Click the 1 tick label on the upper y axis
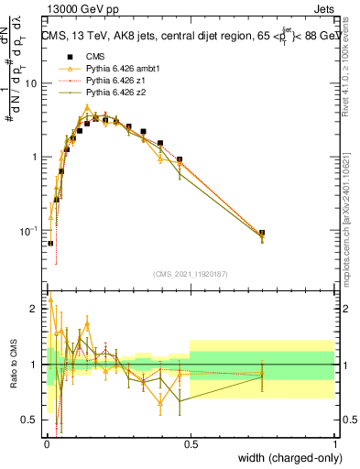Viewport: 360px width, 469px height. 36,157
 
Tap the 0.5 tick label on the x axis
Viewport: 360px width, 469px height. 191,443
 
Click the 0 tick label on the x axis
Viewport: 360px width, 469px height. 46,443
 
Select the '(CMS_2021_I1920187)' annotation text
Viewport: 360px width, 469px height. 191,272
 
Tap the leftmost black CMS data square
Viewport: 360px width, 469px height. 50,244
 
